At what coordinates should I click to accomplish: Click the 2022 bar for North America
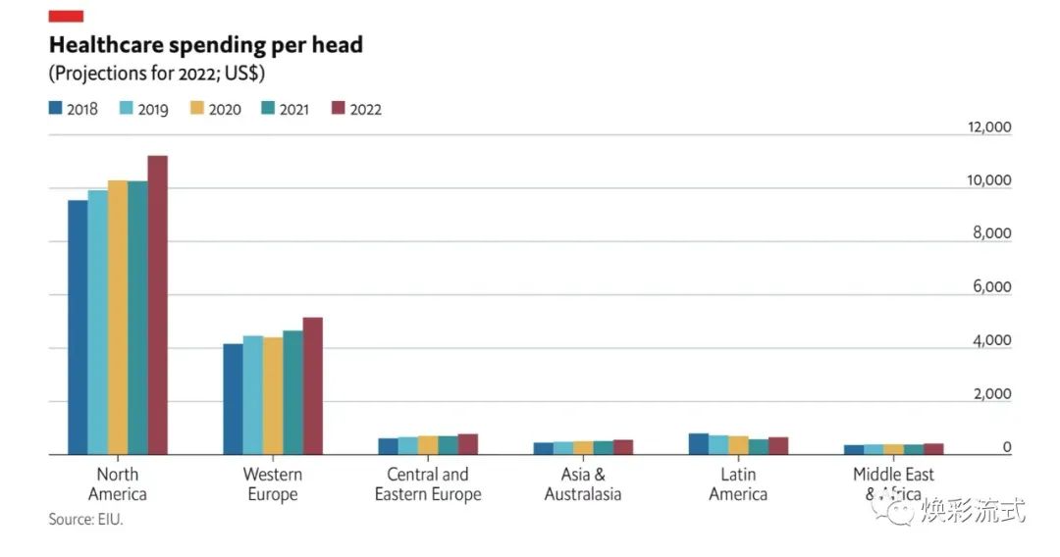coord(157,305)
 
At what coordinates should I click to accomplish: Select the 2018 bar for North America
coord(78,328)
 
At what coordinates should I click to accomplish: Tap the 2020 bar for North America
coord(118,318)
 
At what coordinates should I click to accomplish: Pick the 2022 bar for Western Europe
coord(312,386)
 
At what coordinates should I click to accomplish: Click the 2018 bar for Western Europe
coord(233,399)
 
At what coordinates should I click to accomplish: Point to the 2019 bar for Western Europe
coord(252,395)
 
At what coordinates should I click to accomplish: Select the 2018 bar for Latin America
coord(698,444)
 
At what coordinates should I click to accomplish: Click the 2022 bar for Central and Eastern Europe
coord(467,444)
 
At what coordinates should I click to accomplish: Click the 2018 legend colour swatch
coord(56,109)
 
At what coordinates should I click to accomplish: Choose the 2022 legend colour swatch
coord(339,109)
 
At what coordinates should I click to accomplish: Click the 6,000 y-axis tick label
coord(991,287)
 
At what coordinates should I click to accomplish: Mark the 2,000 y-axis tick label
coord(991,394)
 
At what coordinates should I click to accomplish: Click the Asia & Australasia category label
coord(583,484)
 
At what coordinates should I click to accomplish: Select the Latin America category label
coord(738,484)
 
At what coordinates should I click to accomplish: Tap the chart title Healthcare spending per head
coord(206,45)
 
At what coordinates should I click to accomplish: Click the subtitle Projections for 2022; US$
coord(157,74)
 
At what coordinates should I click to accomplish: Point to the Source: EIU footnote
coord(86,520)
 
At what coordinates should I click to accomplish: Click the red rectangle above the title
coord(66,16)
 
